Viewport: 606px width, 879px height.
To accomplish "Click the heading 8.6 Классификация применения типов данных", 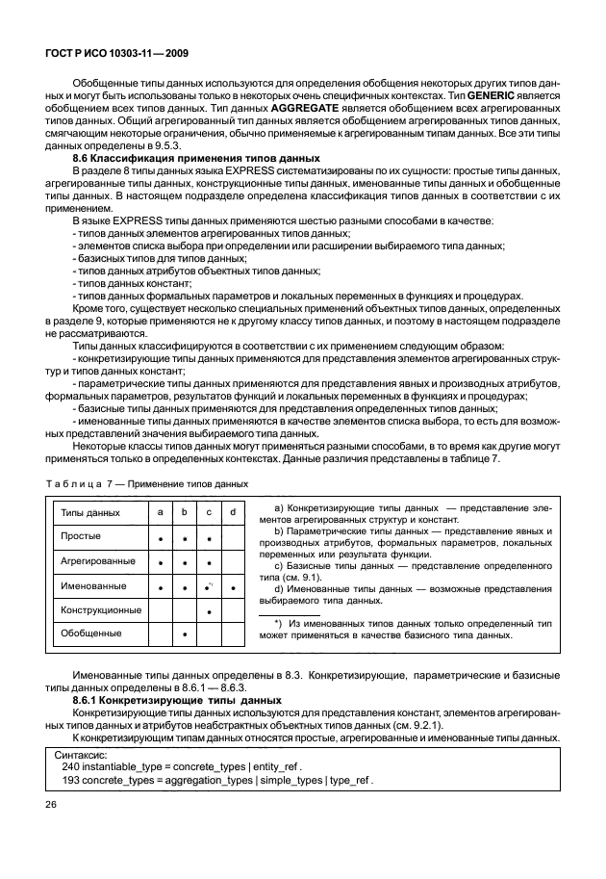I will click(196, 158).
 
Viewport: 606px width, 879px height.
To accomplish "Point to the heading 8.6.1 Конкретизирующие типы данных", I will click(177, 700).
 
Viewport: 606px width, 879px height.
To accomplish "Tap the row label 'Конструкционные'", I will click(101, 610).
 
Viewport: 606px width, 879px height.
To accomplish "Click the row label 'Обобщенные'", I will click(90, 634).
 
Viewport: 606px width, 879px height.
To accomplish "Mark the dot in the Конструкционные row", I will click(209, 611).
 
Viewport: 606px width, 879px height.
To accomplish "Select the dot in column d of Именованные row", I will click(233, 586).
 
